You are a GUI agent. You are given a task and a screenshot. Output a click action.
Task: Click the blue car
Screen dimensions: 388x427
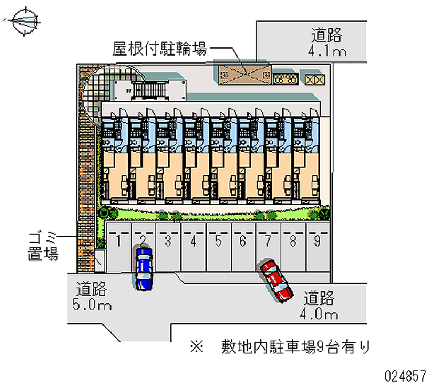point(144,268)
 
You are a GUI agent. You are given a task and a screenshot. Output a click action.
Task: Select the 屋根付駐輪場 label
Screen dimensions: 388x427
point(160,50)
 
